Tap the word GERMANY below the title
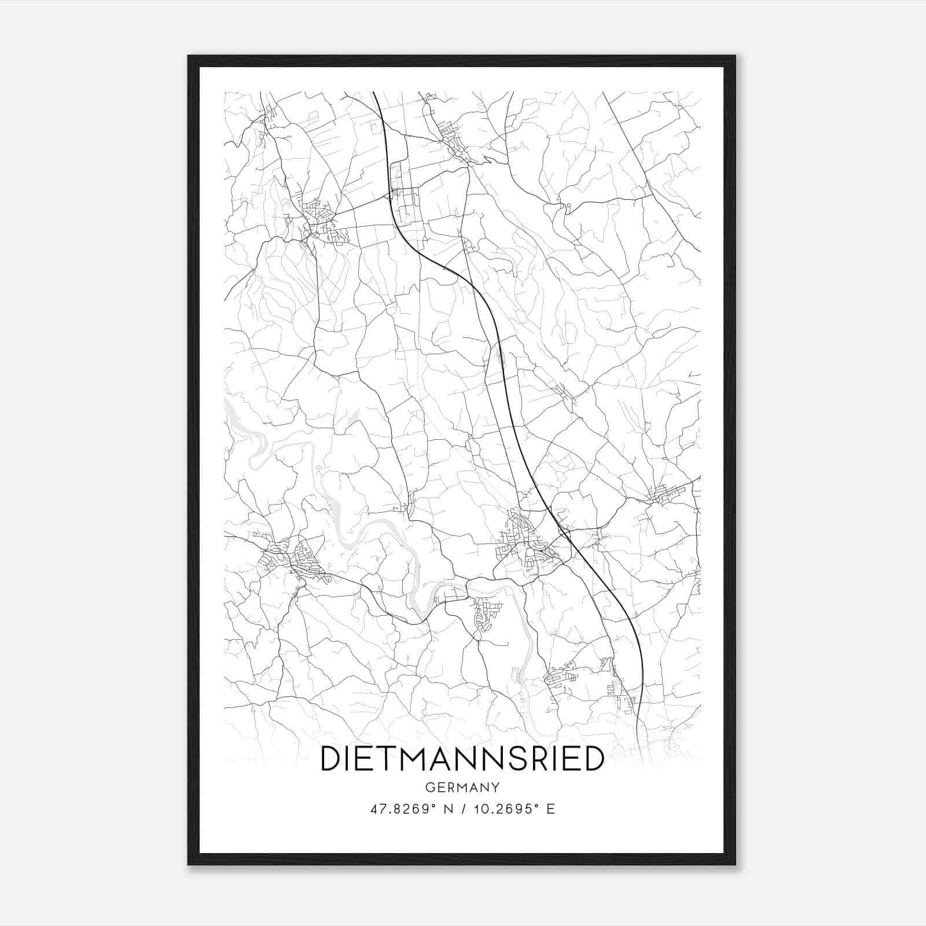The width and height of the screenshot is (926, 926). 462,787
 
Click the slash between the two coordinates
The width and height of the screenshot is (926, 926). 464,809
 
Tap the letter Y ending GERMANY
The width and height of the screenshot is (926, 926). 495,787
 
